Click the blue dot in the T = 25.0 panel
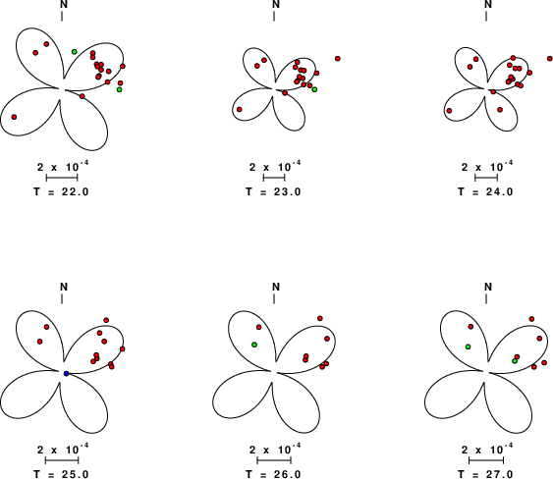[67, 374]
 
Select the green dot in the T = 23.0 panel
[314, 89]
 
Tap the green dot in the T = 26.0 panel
[254, 345]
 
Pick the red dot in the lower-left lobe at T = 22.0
[14, 117]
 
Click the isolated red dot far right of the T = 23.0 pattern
[338, 59]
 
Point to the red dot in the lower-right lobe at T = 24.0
[500, 110]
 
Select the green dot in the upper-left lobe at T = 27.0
[468, 346]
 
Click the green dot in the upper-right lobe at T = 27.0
[515, 361]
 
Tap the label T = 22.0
[61, 191]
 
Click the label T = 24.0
[485, 191]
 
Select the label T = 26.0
[274, 474]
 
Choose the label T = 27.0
[485, 474]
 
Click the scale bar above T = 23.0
[274, 178]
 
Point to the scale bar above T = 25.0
[62, 460]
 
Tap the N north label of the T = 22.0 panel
[64, 4]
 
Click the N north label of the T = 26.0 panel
[276, 287]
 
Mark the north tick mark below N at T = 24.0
[486, 17]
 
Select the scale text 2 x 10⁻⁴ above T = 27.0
[487, 449]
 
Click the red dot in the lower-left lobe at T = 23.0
[240, 110]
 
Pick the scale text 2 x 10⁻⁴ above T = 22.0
[63, 166]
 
